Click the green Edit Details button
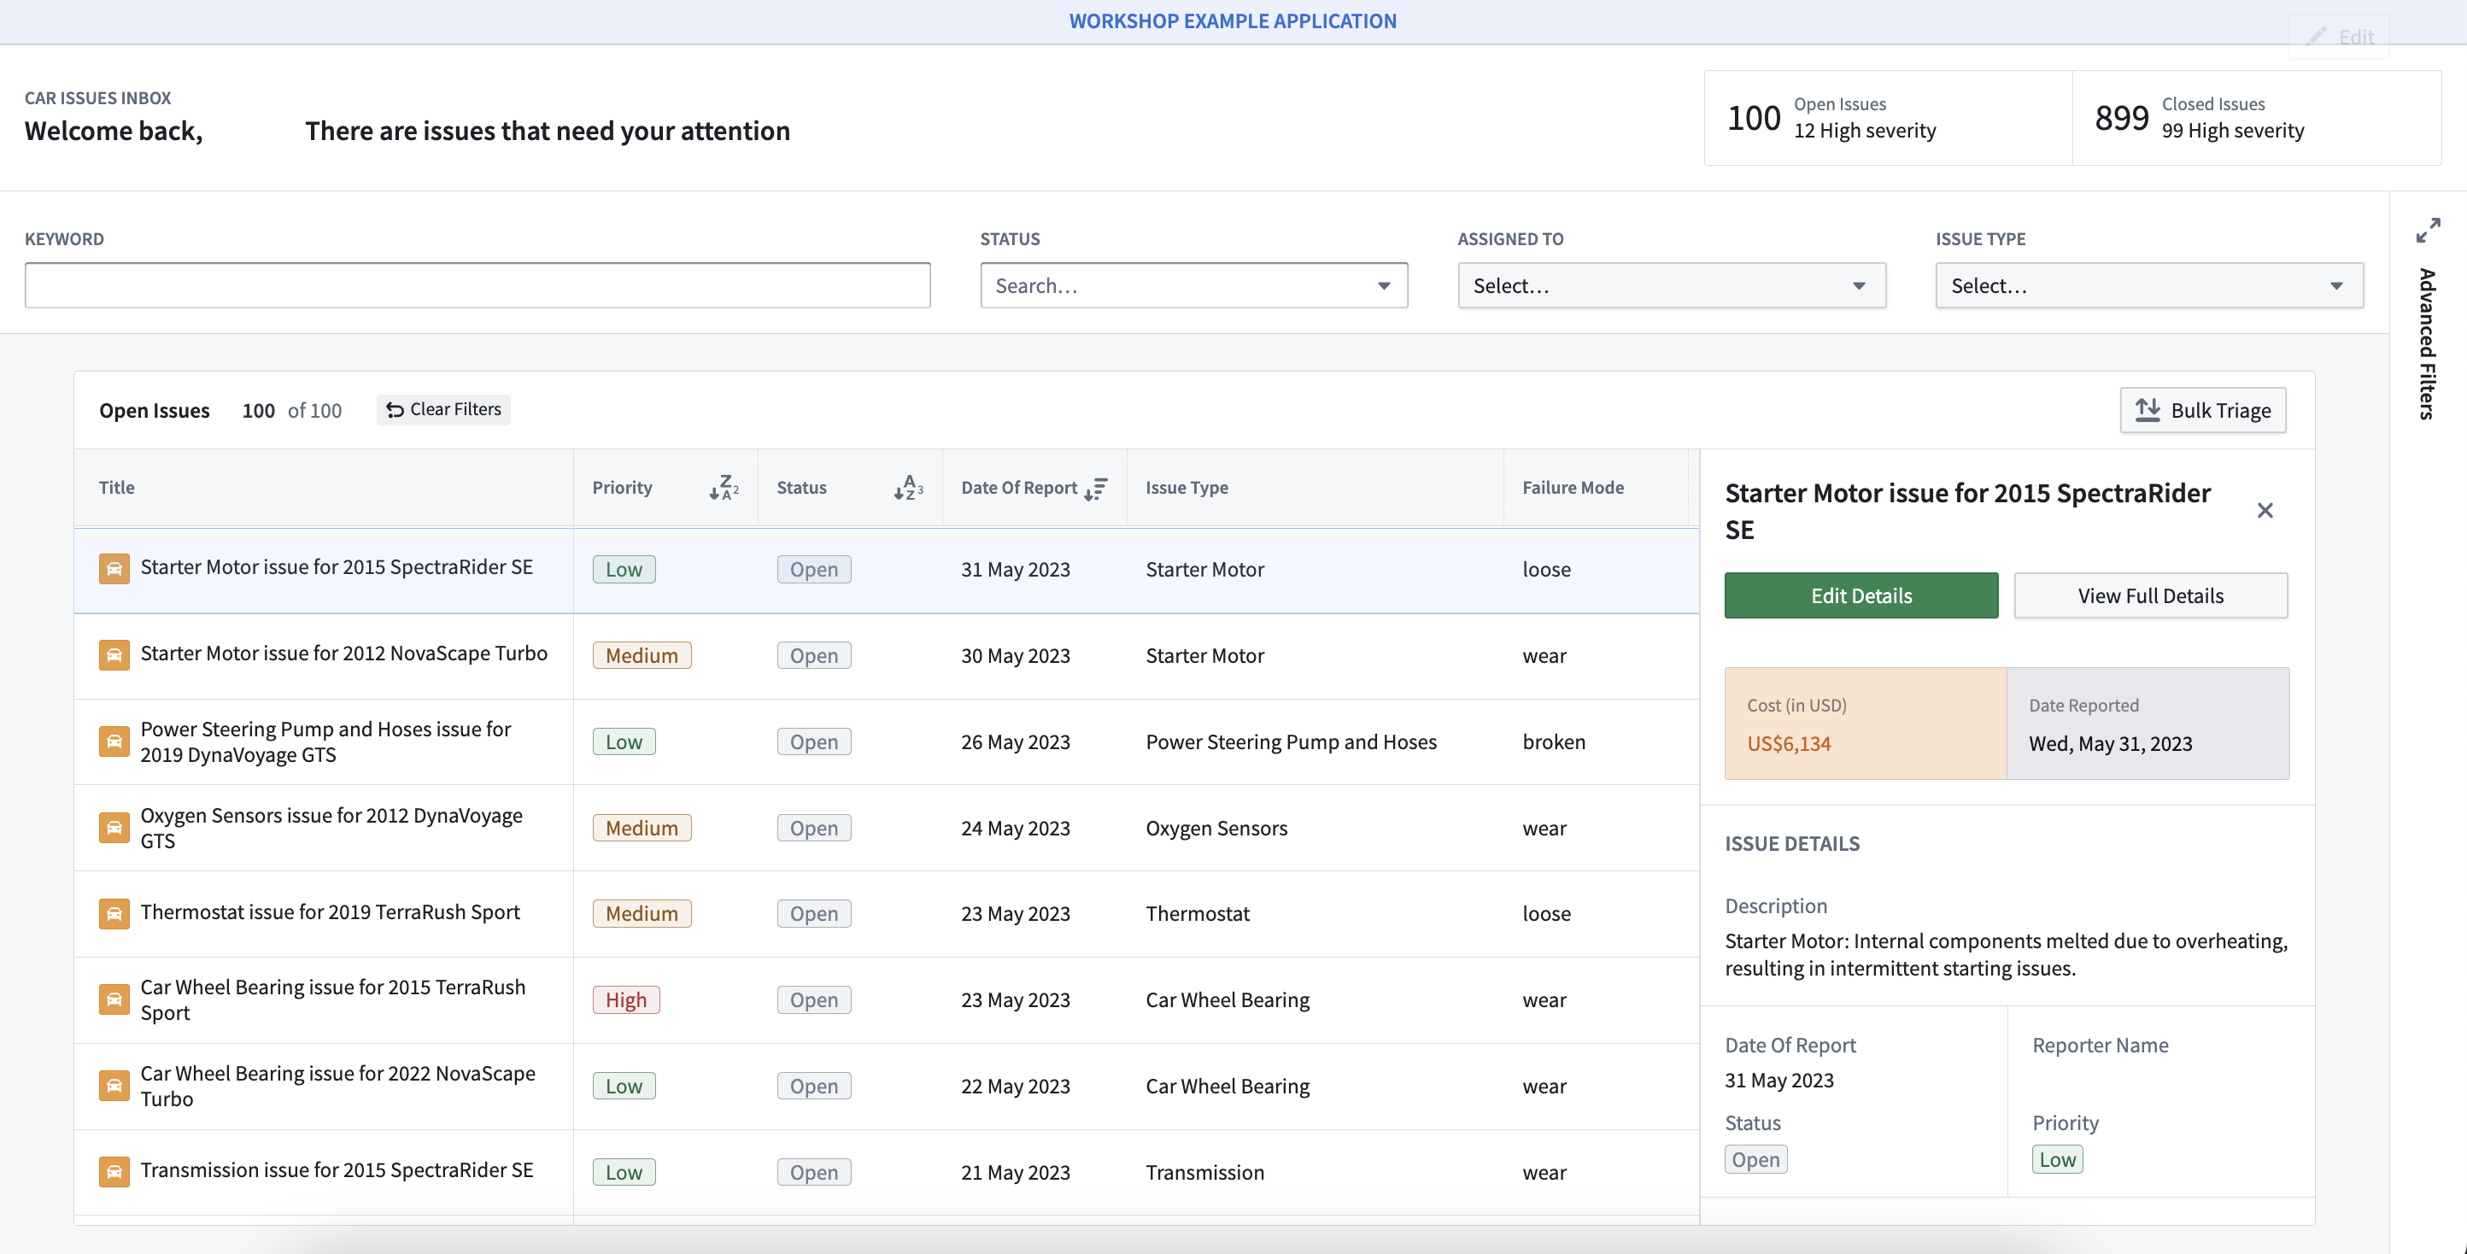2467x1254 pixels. point(1861,595)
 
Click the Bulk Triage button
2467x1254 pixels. point(2203,410)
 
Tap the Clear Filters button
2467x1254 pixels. point(443,409)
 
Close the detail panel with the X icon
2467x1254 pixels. point(2265,511)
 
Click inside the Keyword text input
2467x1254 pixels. point(477,285)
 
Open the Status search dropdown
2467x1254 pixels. point(1193,285)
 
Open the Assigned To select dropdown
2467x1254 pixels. point(1671,285)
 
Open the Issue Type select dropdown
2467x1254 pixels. point(2149,285)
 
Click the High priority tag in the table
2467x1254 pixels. point(626,999)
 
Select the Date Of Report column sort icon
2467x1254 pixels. point(1097,489)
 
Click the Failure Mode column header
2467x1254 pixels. point(1573,488)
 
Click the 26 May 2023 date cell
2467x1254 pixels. point(1015,741)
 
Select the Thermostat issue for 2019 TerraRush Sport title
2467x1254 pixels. point(331,912)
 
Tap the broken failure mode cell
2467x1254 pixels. point(1553,741)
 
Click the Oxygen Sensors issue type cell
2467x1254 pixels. point(1216,828)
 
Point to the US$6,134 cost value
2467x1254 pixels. point(1788,743)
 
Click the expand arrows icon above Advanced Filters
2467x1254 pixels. point(2428,231)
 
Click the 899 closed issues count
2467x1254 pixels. point(2121,118)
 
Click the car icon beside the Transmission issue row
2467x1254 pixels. point(114,1172)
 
